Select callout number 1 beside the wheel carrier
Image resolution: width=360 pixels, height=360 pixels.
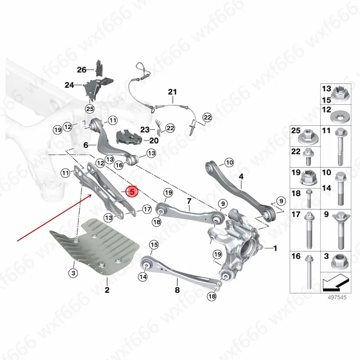coord(275,248)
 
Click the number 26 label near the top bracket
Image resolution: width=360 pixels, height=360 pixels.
coord(81,70)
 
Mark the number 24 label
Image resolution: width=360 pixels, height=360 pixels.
coord(69,85)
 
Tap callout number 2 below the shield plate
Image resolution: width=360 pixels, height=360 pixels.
coord(107,290)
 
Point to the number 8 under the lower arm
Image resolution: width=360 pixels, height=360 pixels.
coord(177,290)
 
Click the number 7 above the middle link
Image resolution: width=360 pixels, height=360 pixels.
coord(189,201)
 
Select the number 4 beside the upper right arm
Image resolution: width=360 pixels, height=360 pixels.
coord(241,176)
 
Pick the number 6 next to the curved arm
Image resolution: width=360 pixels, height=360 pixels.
coord(85,145)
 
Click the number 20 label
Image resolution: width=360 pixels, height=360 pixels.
coord(153,140)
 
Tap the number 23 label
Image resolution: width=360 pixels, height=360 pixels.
coord(144,130)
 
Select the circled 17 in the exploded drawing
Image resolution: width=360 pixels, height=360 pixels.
coord(147,209)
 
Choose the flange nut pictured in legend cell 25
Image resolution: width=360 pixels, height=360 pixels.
coord(309,134)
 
